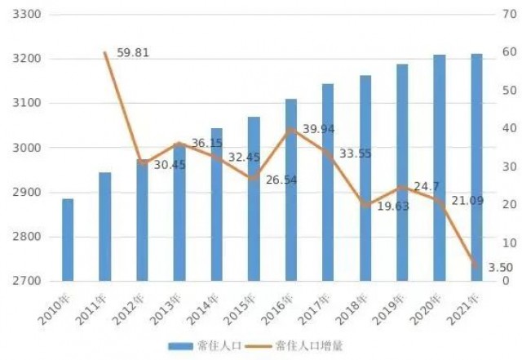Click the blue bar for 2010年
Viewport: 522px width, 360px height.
tap(68, 240)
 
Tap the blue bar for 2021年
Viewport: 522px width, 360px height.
tap(476, 167)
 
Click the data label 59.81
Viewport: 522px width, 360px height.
tap(134, 54)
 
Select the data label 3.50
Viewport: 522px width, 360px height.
tap(499, 267)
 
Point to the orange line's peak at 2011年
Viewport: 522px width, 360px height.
tap(105, 53)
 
